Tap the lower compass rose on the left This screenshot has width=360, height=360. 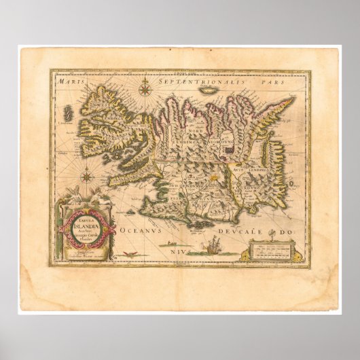click(86, 177)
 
